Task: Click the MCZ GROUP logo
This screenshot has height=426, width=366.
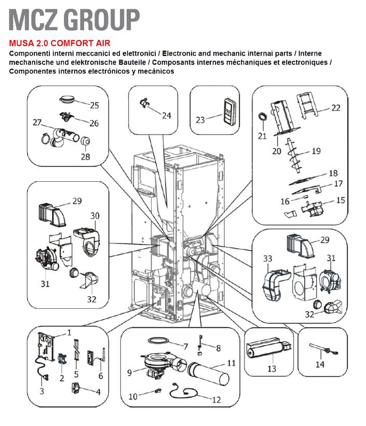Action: coord(74,19)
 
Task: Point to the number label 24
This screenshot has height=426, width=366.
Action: coord(166,115)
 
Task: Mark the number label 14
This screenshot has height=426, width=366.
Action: coord(320,365)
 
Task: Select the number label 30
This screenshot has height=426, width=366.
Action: coord(95,215)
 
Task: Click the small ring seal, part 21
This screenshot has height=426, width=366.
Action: coord(263,115)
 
